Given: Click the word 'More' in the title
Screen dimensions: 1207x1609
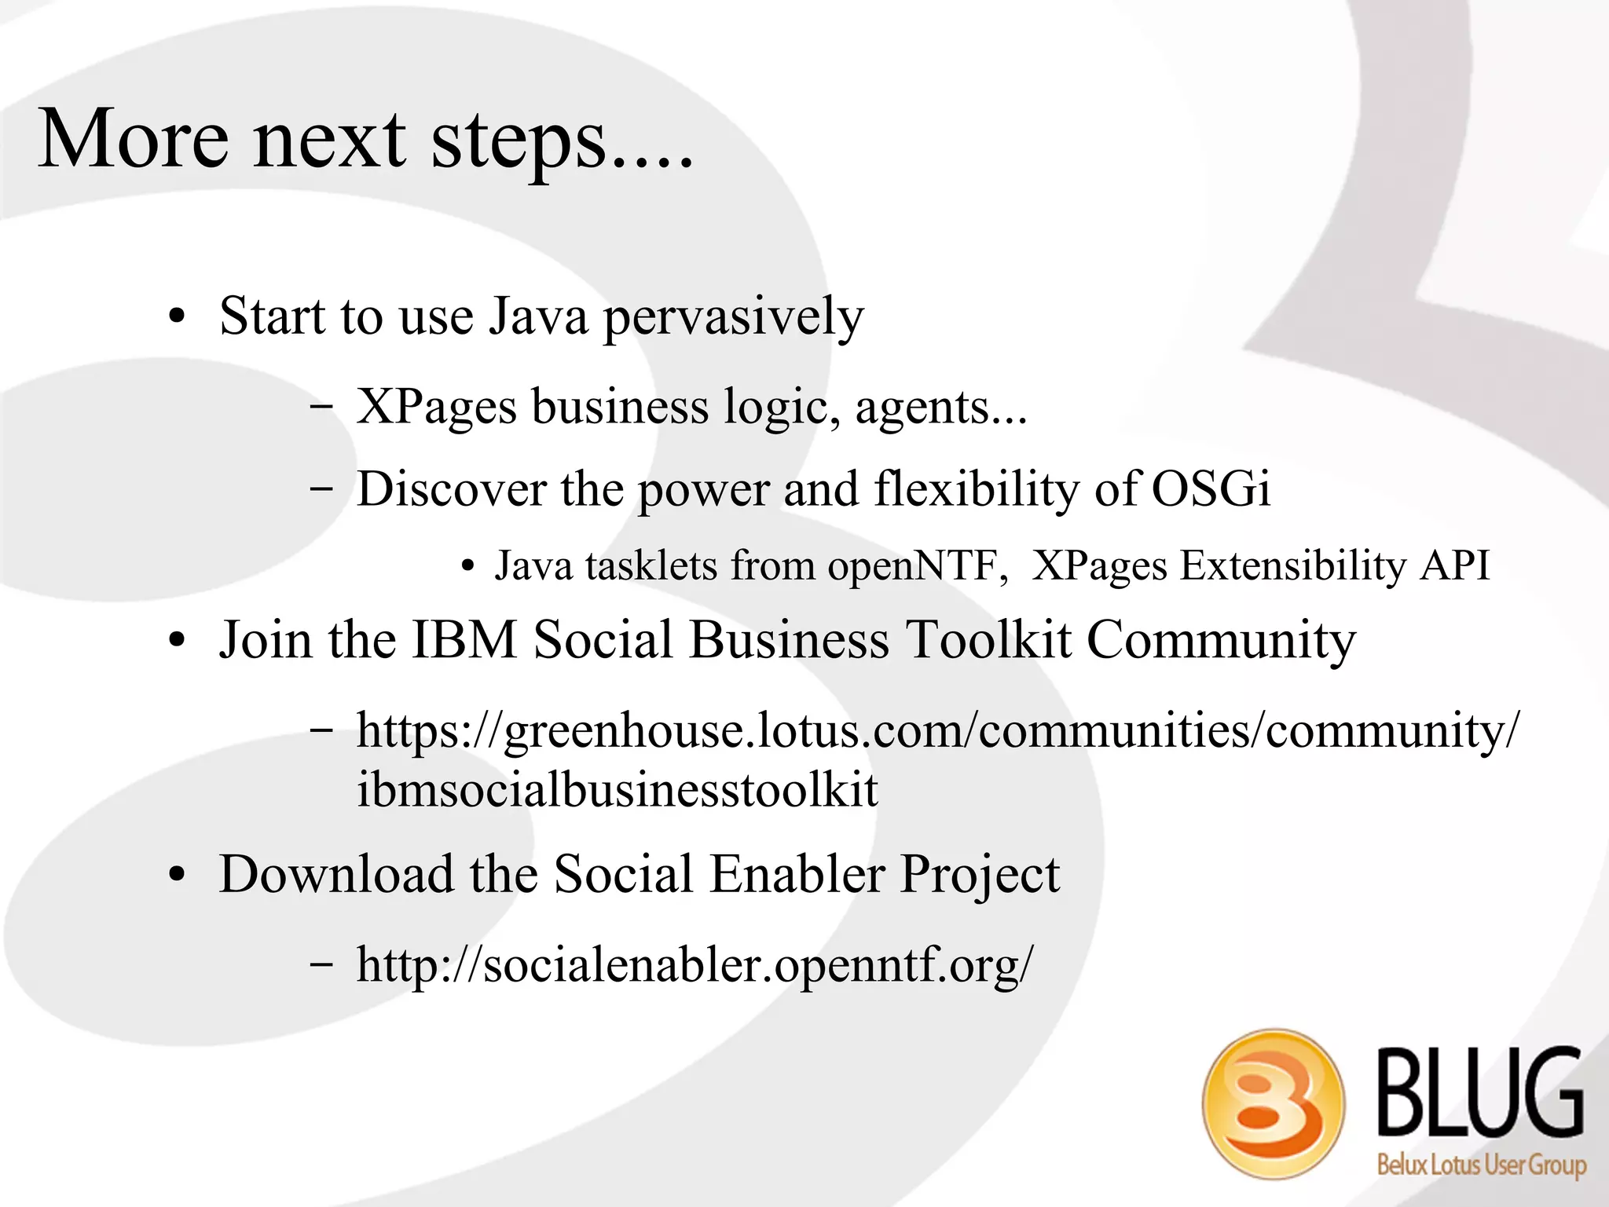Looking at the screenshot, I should [134, 140].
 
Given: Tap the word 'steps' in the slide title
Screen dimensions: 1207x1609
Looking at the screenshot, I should [519, 141].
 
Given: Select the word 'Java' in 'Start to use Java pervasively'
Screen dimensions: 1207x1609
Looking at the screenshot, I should [537, 316].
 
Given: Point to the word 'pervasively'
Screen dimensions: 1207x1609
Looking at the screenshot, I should [733, 318].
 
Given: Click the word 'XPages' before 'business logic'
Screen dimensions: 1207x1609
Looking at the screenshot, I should [437, 408].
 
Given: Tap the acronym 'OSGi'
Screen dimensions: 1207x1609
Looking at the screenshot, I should [1211, 489].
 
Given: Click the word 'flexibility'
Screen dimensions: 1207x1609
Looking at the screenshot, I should [977, 489].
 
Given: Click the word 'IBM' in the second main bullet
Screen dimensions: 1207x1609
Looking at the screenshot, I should [464, 639].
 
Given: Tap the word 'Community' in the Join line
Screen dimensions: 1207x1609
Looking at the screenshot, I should [1221, 641].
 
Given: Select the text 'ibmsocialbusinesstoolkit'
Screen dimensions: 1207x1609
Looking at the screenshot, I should [618, 790].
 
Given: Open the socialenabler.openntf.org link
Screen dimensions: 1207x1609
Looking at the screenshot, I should [695, 965].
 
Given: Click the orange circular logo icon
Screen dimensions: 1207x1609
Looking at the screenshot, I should [1273, 1103].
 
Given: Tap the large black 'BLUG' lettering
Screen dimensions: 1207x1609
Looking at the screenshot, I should [1480, 1092].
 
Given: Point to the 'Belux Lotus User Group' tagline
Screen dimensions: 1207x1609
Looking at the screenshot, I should [1482, 1165].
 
